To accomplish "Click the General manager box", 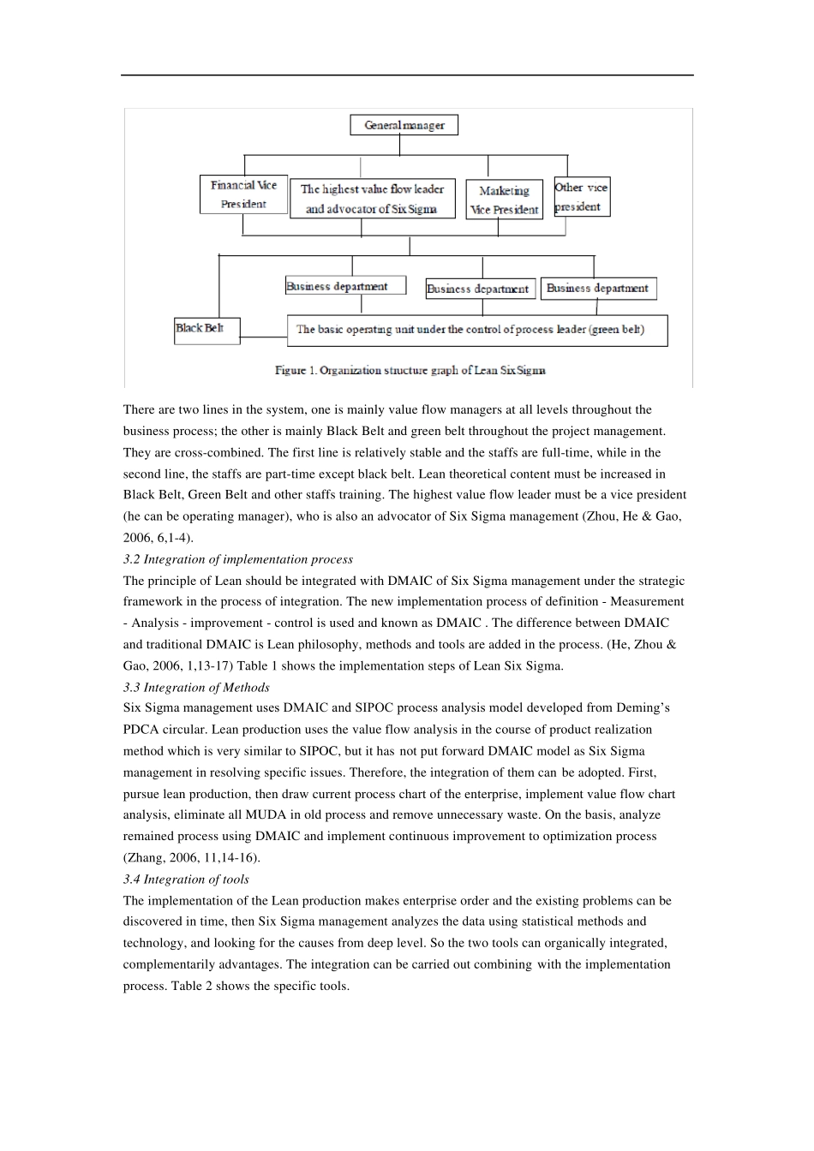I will pos(404,125).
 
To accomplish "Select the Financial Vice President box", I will pos(243,194).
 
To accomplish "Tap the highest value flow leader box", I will pos(372,199).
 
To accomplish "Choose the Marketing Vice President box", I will pos(504,200).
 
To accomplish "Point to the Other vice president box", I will pos(582,197).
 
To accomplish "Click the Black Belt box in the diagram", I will pos(206,330).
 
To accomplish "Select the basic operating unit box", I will pos(476,330).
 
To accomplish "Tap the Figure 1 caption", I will pos(410,370).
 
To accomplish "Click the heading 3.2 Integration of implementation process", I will pos(237,559).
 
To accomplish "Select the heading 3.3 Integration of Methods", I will pos(196,687).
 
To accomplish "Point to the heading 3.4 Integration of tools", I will pos(186,879).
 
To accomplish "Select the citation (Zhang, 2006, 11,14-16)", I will pos(192,857).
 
